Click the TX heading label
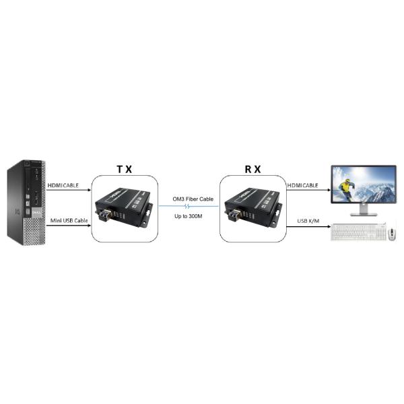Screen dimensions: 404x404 [125, 169]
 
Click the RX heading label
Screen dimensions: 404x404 [252, 169]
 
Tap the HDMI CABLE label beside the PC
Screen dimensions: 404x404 [63, 185]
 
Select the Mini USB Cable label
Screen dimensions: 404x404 [69, 221]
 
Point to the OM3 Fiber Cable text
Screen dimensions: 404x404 [193, 199]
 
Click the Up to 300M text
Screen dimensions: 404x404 [189, 216]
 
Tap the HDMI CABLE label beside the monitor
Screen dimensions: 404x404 [303, 185]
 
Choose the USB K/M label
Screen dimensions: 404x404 [308, 221]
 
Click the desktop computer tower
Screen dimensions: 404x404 [26, 203]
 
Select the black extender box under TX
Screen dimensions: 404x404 [124, 207]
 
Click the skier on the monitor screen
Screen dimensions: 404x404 [346, 189]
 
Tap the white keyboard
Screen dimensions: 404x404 [359, 232]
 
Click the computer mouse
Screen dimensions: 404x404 [392, 234]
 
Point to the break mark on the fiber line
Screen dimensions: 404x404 [188, 206]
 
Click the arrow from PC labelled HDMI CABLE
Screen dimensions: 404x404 [69, 190]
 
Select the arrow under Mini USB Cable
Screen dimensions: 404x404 [69, 226]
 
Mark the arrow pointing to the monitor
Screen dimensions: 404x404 [308, 190]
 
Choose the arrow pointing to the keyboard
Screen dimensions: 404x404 [308, 227]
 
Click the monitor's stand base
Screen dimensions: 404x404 [364, 214]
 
